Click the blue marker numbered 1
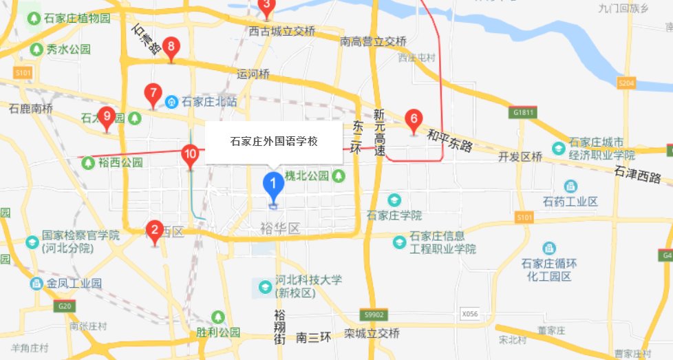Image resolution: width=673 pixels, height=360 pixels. (x=273, y=184)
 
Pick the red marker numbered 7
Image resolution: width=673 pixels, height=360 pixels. (x=153, y=93)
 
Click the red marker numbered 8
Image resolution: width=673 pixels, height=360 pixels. (x=171, y=48)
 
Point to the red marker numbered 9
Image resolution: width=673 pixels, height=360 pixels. (x=106, y=116)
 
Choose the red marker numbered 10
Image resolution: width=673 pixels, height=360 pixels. (x=191, y=154)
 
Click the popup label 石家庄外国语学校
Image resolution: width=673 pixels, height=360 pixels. (x=274, y=142)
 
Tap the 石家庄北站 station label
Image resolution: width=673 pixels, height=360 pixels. (x=209, y=102)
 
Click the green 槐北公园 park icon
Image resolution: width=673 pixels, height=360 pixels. (x=339, y=176)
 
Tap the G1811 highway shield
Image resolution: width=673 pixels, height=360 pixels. (x=523, y=112)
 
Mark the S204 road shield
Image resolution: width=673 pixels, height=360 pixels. (x=626, y=83)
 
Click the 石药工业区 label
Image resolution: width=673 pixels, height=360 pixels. (x=570, y=202)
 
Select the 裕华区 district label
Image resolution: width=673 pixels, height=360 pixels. (x=280, y=229)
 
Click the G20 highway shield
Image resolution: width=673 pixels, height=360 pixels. (x=66, y=306)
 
